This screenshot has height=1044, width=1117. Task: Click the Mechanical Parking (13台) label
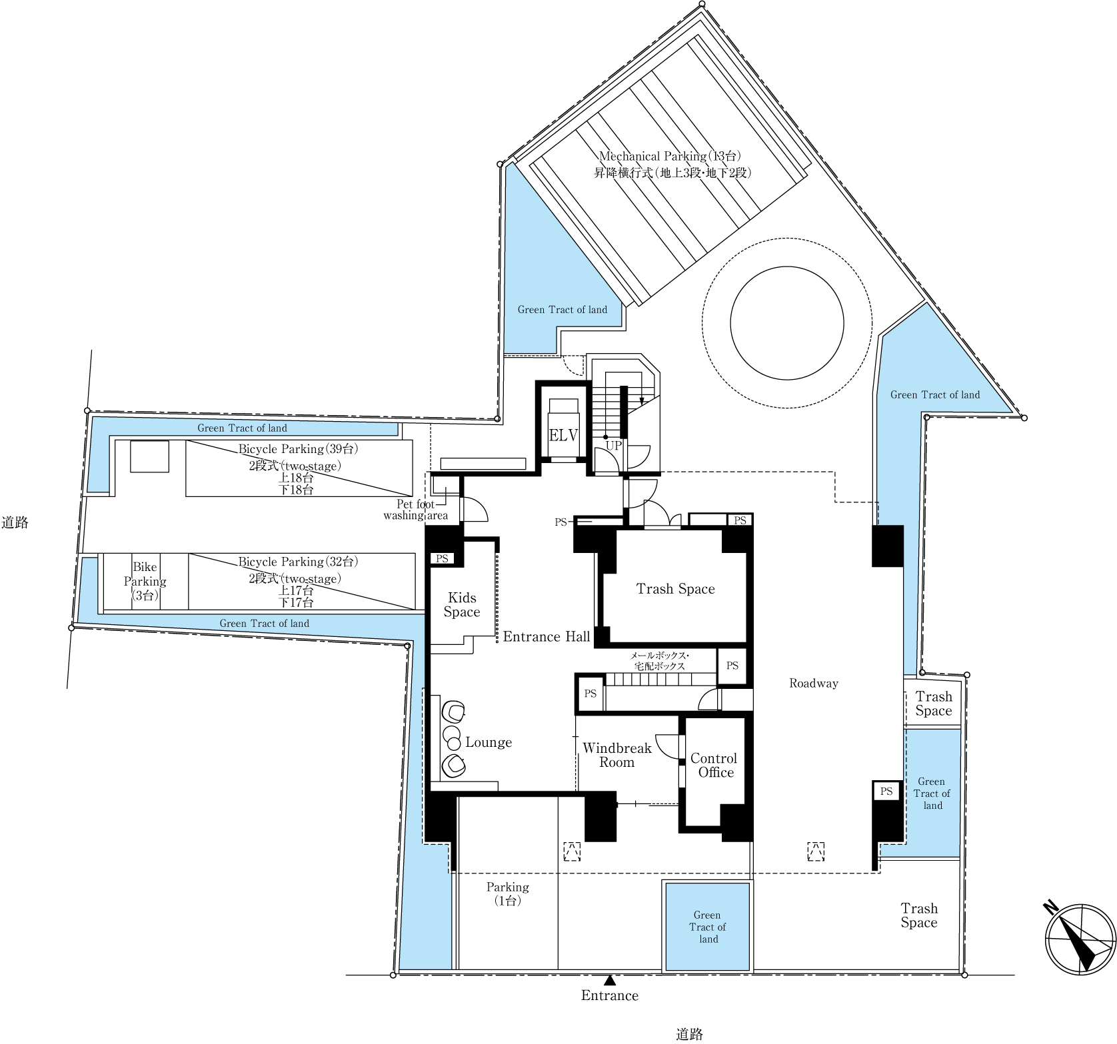point(670,156)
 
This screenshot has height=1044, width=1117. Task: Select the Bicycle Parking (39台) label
point(297,449)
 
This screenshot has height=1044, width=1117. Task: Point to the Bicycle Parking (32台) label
point(297,562)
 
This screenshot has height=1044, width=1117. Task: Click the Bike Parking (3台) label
point(145,581)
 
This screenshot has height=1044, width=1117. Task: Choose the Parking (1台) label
point(507,893)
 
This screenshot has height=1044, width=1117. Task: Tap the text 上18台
point(295,478)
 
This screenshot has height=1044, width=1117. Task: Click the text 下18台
point(295,490)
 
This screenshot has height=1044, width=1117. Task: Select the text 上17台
point(295,590)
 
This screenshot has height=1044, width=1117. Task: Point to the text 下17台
point(295,602)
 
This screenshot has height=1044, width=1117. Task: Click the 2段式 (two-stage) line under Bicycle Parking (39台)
point(295,466)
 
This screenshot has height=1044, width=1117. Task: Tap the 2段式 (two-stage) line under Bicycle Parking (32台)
point(295,578)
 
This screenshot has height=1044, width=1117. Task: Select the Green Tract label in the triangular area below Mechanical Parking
point(562,310)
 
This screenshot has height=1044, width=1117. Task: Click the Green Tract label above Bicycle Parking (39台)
point(242,428)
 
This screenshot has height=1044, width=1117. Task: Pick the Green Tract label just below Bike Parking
point(264,624)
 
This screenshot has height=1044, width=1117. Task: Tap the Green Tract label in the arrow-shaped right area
point(935,395)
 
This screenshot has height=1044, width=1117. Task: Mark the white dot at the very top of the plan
point(702,4)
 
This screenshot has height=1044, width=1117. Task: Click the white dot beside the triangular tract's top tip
point(500,165)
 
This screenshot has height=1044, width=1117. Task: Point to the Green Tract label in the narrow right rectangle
point(932,793)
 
